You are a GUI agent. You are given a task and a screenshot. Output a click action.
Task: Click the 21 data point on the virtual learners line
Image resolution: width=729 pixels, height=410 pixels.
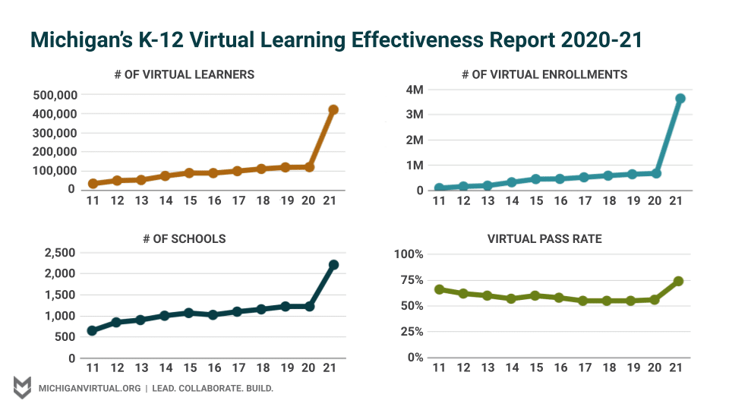[x=333, y=110]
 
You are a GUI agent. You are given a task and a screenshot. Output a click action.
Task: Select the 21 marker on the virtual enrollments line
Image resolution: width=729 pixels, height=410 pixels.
[x=680, y=99]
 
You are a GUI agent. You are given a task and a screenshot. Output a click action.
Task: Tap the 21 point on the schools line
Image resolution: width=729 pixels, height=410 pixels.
[x=333, y=265]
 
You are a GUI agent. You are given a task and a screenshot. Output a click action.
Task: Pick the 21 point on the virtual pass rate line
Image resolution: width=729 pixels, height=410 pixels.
[x=678, y=281]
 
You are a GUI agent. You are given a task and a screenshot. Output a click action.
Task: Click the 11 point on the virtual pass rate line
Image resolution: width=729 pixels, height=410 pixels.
[x=439, y=289]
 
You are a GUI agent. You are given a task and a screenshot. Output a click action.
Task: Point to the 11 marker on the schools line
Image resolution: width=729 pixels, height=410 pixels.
[x=92, y=330]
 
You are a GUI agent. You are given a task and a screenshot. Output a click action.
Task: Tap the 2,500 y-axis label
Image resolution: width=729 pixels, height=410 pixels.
[x=59, y=253]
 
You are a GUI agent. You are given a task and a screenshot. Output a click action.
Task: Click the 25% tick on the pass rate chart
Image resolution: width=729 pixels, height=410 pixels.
[x=412, y=332]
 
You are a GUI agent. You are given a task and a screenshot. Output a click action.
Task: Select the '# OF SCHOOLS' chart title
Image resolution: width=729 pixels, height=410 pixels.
[x=184, y=238]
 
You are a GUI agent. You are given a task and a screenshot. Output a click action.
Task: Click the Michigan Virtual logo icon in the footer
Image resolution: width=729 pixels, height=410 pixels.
[x=22, y=387]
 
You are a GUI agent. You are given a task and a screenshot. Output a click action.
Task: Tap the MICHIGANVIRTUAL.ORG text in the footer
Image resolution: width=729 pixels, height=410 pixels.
[x=89, y=388]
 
